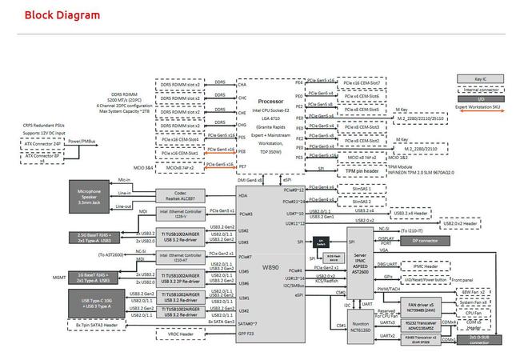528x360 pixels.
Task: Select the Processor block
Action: pos(271,102)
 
